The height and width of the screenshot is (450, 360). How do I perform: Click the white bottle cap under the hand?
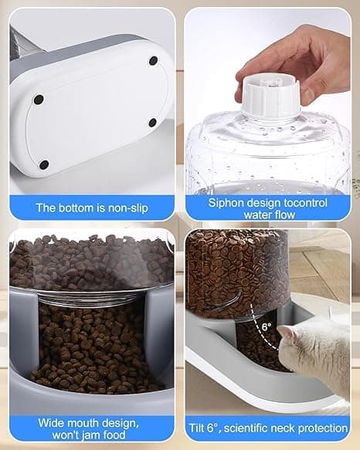pos(270,95)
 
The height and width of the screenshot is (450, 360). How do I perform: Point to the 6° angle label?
pos(267,327)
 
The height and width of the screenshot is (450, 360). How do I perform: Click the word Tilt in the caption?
pos(197,428)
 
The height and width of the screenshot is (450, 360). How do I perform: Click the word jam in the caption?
pos(91,435)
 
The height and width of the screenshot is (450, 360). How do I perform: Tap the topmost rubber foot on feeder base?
pos(154,60)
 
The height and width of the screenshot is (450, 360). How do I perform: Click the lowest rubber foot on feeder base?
pos(44,164)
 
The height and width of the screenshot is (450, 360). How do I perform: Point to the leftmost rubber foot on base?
pos(39,100)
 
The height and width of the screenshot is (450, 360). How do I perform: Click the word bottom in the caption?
pos(74,208)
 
